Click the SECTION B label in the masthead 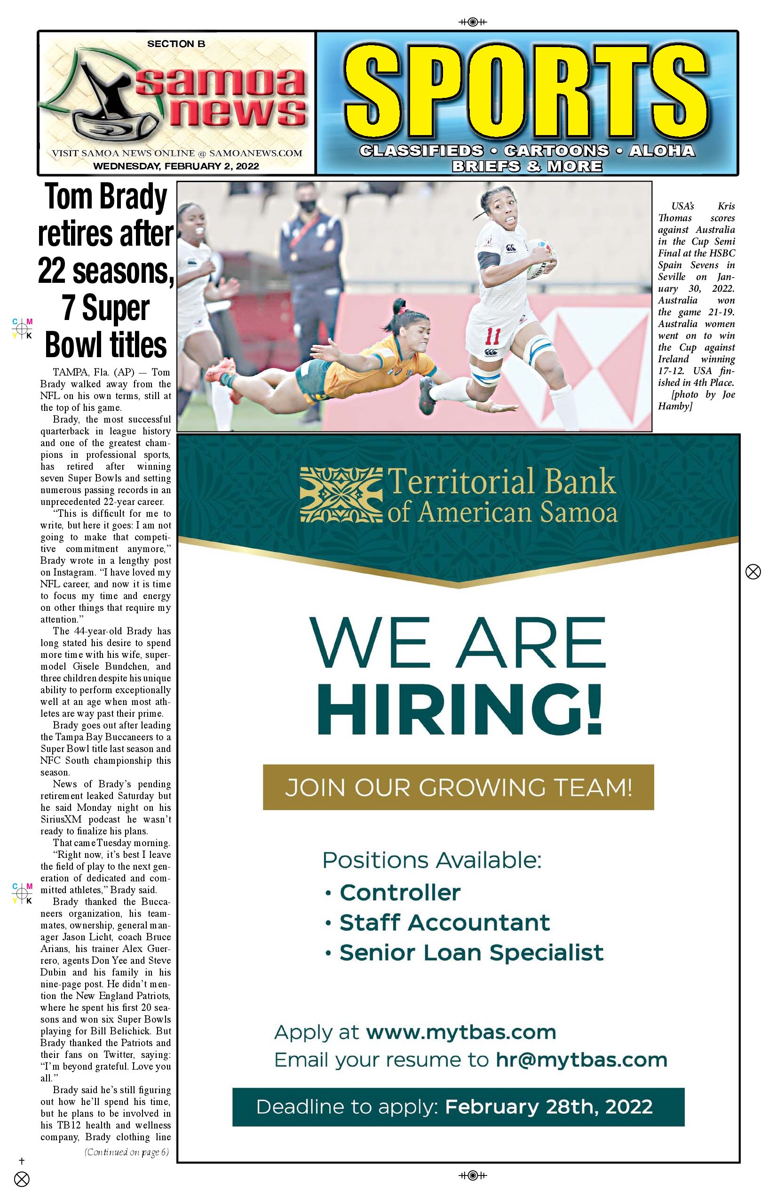pos(176,44)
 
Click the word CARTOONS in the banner pos(556,151)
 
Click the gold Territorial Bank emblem pos(340,495)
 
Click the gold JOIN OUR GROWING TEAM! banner pos(458,788)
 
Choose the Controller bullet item pos(400,892)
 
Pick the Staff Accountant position pos(444,923)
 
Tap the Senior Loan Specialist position pos(471,953)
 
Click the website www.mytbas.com pos(460,1032)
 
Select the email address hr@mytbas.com pos(581,1060)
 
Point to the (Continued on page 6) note pos(127,1152)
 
